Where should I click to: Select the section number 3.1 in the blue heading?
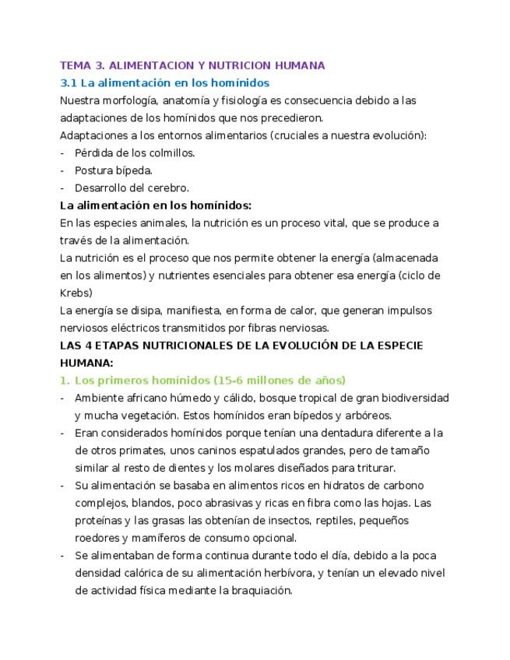[69, 82]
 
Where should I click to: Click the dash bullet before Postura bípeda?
[62, 170]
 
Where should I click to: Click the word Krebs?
[75, 293]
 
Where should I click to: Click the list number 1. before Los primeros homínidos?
[65, 380]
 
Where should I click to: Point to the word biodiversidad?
[417, 398]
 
